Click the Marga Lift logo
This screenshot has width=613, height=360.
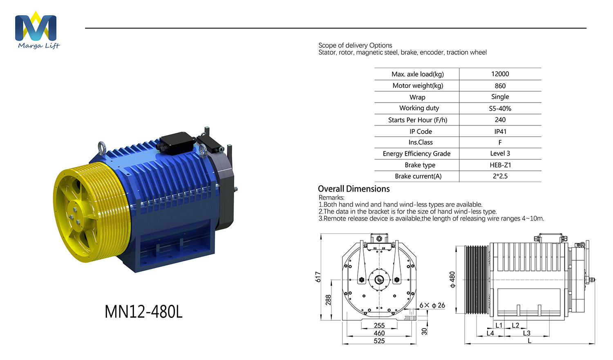tap(37, 30)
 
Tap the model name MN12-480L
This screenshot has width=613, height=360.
tap(143, 312)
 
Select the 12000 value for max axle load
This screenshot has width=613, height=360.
tap(500, 74)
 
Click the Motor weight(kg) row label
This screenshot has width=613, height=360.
tap(418, 86)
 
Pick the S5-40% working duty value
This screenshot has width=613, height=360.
tap(500, 108)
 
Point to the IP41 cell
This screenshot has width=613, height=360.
tap(500, 131)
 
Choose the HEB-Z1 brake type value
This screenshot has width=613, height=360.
tap(500, 165)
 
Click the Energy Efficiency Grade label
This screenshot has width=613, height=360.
tap(416, 154)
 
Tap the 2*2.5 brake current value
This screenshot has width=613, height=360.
tap(500, 176)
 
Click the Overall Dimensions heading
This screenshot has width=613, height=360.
tap(354, 189)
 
